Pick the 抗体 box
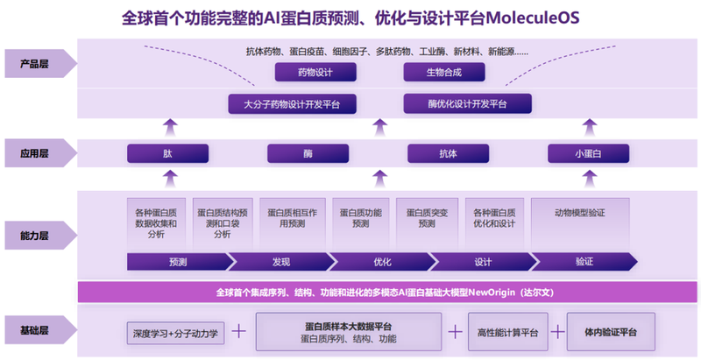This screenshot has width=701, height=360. point(448,153)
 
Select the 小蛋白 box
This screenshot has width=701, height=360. point(588,153)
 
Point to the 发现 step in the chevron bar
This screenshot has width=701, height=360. point(280,262)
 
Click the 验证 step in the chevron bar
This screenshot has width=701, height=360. point(584,262)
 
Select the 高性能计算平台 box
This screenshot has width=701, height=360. point(513,332)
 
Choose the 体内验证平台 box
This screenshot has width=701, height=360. point(611,332)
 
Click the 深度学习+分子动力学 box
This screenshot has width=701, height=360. point(176,333)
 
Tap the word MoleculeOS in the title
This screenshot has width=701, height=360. point(528,18)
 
